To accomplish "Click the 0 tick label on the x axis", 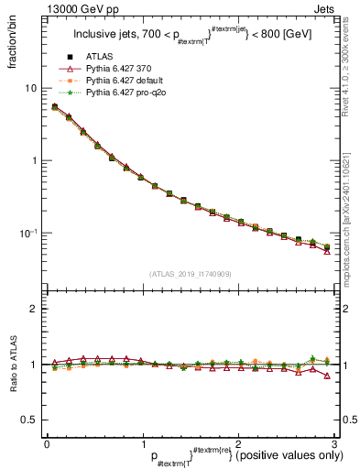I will click(47, 442).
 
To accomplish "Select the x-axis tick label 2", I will click(238, 442).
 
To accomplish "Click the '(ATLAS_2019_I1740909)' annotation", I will click(190, 274).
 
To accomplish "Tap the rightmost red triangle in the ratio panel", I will click(327, 376).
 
